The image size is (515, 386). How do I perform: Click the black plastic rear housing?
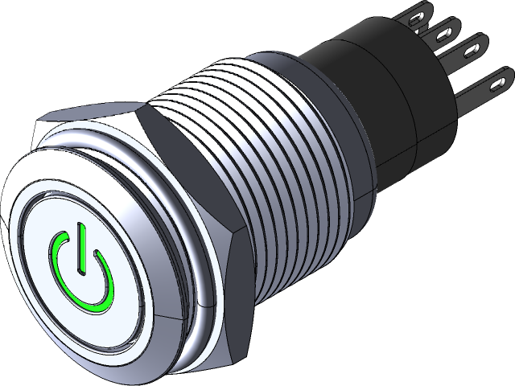click(362, 88)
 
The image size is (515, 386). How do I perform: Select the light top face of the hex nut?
click(89, 121)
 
